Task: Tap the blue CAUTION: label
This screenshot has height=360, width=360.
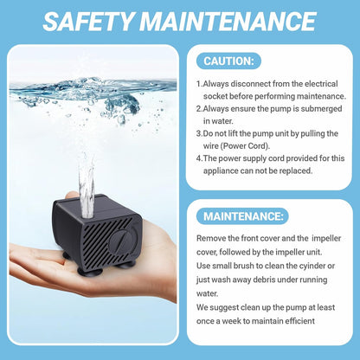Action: (x=227, y=61)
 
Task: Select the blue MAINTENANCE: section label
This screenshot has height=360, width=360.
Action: (x=241, y=216)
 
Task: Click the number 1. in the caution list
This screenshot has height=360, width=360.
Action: (x=199, y=83)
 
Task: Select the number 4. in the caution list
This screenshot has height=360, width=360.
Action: (x=199, y=157)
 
